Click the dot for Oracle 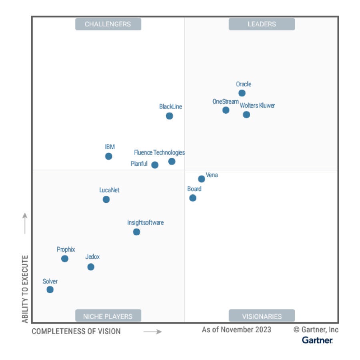click(x=242, y=93)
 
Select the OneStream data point click(x=226, y=110)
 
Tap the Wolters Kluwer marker click(x=246, y=115)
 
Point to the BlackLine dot click(x=170, y=116)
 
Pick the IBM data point click(x=109, y=156)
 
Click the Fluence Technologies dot click(x=172, y=162)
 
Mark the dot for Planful click(x=155, y=165)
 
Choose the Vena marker click(x=202, y=179)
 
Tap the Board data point click(x=193, y=198)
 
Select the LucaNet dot click(x=106, y=199)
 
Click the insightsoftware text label click(x=146, y=223)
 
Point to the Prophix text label click(x=66, y=250)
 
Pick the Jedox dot click(x=91, y=267)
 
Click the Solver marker click(x=50, y=290)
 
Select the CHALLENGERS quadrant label click(x=108, y=24)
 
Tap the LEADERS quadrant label click(x=262, y=24)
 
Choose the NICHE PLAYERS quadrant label click(x=108, y=316)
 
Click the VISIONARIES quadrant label click(x=262, y=316)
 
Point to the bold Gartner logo click(x=317, y=340)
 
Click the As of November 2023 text click(x=236, y=330)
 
